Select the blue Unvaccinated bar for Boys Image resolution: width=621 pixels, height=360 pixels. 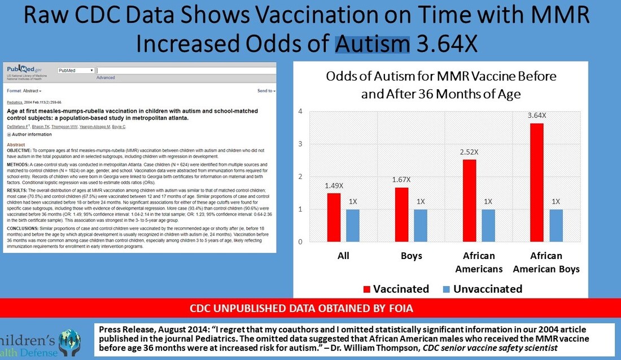click(x=421, y=225)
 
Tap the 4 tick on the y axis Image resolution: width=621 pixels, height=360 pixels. click(x=301, y=111)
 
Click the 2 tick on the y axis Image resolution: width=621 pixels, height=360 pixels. click(x=301, y=177)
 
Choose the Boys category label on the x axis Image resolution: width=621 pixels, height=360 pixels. click(x=411, y=256)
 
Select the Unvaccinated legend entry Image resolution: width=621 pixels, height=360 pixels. click(x=482, y=289)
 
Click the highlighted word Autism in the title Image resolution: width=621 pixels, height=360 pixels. click(x=373, y=43)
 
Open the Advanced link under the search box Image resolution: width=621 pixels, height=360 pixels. click(x=106, y=78)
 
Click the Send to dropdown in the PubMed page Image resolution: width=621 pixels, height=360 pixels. click(x=266, y=90)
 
